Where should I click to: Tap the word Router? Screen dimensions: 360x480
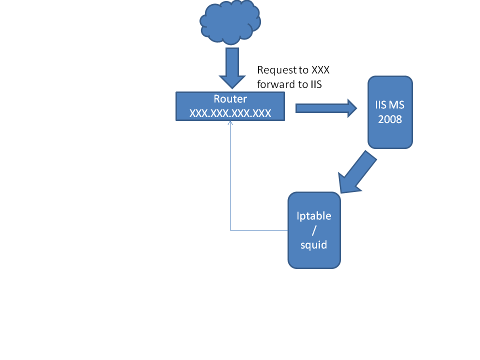point(230,99)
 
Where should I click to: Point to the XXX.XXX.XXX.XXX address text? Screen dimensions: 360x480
point(230,113)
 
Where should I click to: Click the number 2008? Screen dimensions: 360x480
point(390,120)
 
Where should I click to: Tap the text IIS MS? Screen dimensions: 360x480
point(390,105)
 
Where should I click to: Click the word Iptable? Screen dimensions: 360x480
point(314,216)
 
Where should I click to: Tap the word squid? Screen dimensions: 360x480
point(314,244)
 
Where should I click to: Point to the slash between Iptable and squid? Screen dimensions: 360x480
point(314,230)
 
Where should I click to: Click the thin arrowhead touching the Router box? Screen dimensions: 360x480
point(230,123)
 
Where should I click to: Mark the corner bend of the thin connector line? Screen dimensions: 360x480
point(230,230)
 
